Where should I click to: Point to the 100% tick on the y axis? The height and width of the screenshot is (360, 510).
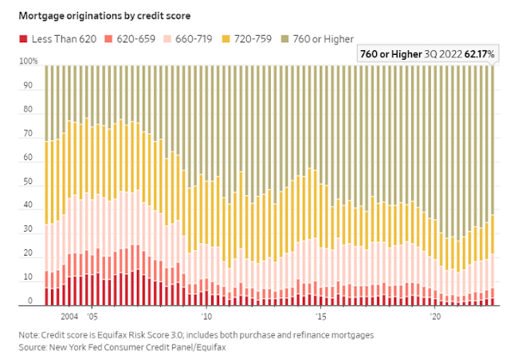pos(29,61)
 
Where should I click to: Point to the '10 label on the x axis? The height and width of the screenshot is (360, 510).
pos(206,315)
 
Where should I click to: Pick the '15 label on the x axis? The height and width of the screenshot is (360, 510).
pos(321,315)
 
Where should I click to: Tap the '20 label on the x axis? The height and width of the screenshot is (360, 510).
pos(435,315)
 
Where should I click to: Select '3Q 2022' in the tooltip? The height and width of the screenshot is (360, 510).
pos(439,53)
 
